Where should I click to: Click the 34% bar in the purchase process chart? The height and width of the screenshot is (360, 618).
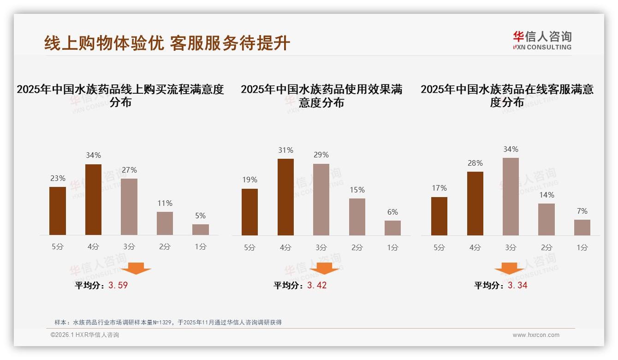coord(93,199)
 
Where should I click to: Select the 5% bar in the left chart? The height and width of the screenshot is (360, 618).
coord(201,229)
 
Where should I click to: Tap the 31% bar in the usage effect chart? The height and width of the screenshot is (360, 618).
coord(285,197)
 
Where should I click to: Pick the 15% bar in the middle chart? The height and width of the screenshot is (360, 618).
coord(357,216)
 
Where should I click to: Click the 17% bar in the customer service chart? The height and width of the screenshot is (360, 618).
coord(439,216)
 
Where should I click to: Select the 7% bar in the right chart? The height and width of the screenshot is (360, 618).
coord(582,227)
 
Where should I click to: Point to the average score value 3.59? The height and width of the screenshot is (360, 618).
coord(118,285)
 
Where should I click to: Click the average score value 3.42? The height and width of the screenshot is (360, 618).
coord(317,285)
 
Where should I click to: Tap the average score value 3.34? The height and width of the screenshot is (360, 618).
coord(517,285)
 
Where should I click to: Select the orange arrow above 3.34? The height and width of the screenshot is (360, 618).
coord(509,268)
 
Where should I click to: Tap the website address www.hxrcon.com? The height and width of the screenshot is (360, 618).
coord(536,335)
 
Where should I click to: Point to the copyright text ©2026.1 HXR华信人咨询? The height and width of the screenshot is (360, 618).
coord(85,335)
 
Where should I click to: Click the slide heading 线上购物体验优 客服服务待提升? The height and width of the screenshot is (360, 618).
coord(167,43)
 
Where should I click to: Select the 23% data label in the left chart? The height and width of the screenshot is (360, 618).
coord(58,178)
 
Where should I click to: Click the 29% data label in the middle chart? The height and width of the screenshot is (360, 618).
coord(321,155)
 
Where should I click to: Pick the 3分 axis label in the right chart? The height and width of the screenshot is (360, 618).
coord(511,247)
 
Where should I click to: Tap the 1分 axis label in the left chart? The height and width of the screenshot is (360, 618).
coord(201,246)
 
